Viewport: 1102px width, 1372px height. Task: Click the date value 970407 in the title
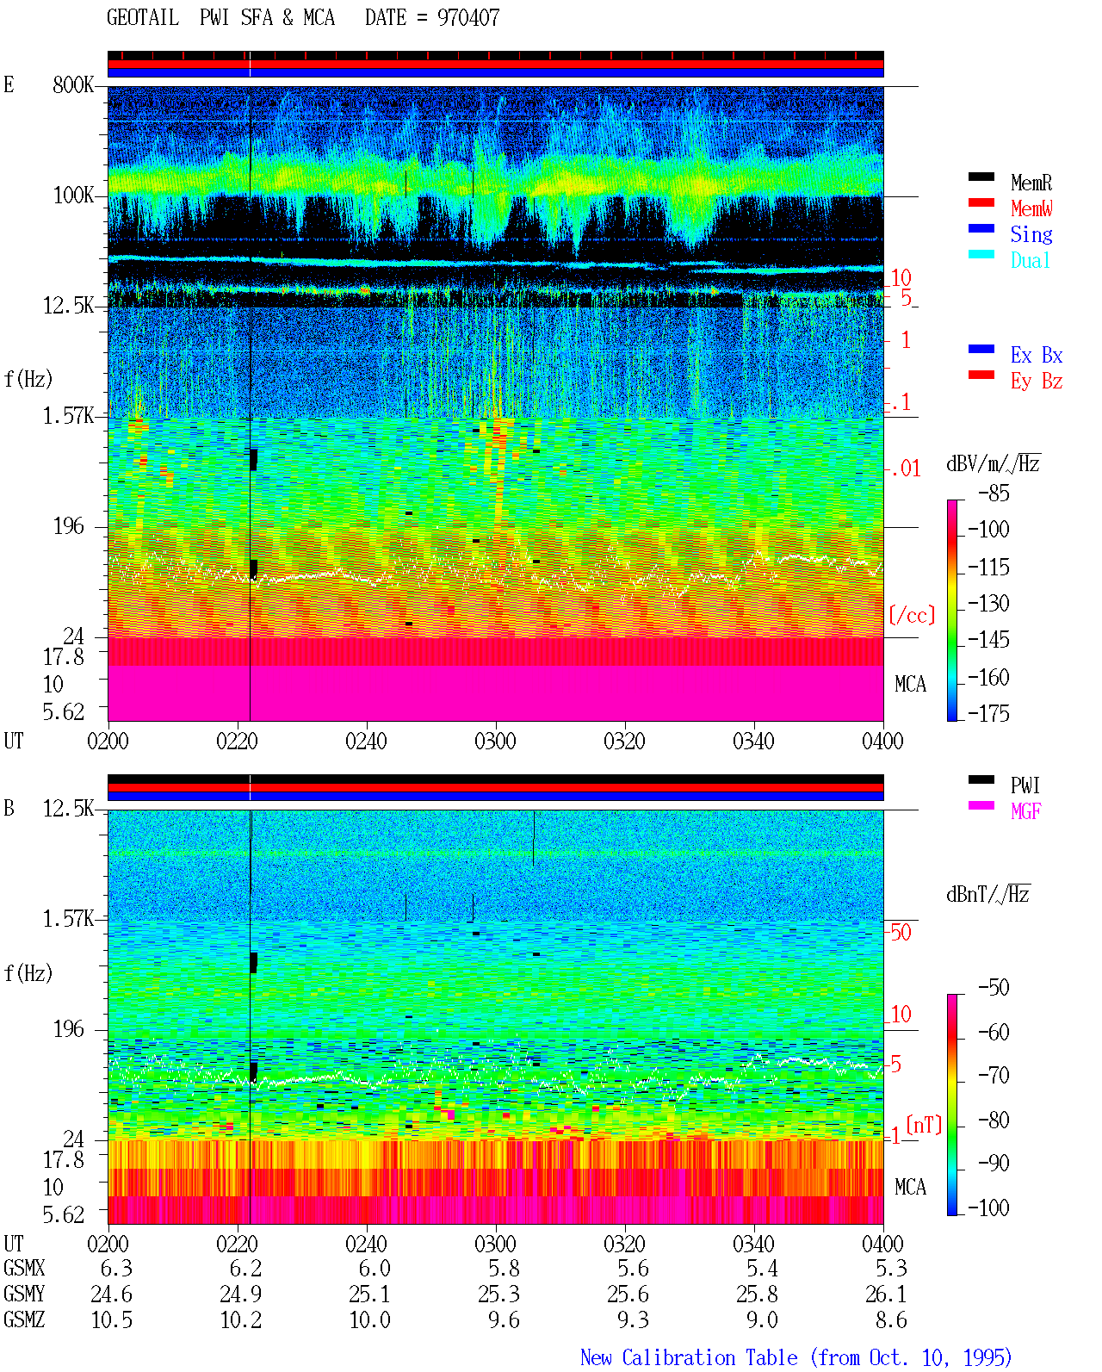(467, 17)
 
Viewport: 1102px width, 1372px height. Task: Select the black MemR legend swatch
(981, 177)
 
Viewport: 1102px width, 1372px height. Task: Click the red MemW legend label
(1031, 208)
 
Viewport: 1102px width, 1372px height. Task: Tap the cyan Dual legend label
(1030, 260)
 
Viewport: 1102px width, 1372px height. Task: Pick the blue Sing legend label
(1031, 234)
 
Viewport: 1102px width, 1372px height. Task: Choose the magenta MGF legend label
(1025, 811)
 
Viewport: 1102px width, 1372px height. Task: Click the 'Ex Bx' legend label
(1037, 355)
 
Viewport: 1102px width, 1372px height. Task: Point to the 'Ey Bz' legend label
(1037, 381)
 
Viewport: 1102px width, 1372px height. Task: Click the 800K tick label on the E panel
(73, 84)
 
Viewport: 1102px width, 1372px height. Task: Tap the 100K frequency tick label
(73, 196)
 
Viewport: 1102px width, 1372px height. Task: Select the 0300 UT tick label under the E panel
(495, 741)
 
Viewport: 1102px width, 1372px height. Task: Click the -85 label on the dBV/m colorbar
(994, 493)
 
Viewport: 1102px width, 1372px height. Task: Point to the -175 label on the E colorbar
(988, 713)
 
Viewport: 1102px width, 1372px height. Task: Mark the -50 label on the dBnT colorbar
(994, 988)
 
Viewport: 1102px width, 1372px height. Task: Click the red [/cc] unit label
(912, 615)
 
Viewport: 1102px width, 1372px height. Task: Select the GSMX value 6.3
(116, 1268)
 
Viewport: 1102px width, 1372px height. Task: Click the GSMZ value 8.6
(890, 1319)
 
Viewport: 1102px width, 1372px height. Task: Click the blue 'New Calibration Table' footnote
(689, 1357)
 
